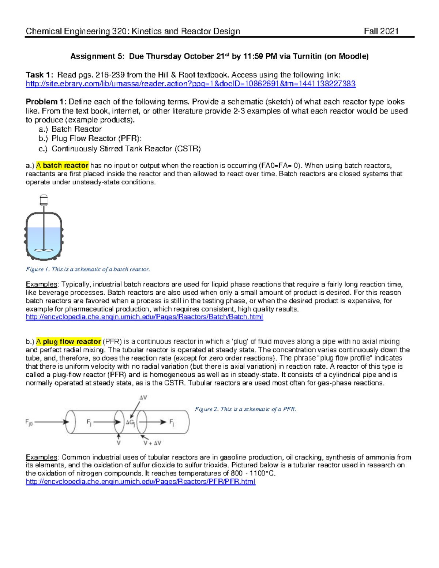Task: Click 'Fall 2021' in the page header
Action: pyautogui.click(x=381, y=31)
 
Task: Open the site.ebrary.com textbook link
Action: pyautogui.click(x=190, y=84)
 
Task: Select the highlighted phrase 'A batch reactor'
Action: pyautogui.click(x=62, y=166)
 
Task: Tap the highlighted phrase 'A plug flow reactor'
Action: pyautogui.click(x=68, y=342)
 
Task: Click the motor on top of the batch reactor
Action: pyautogui.click(x=44, y=200)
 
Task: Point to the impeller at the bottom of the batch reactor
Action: pyautogui.click(x=44, y=251)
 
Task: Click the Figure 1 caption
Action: pyautogui.click(x=88, y=269)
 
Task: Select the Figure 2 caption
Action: pyautogui.click(x=245, y=409)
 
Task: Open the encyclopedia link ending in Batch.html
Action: pyautogui.click(x=144, y=317)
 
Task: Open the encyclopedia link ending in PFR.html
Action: pyautogui.click(x=140, y=481)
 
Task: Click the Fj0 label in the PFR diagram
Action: pyautogui.click(x=29, y=422)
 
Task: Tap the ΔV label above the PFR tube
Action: pyautogui.click(x=143, y=397)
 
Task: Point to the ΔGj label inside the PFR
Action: pyautogui.click(x=130, y=422)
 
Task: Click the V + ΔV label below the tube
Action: pyautogui.click(x=152, y=443)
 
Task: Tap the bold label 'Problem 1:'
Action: pyautogui.click(x=46, y=102)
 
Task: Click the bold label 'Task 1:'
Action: pyautogui.click(x=40, y=75)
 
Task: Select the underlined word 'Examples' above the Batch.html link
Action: pyautogui.click(x=41, y=284)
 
